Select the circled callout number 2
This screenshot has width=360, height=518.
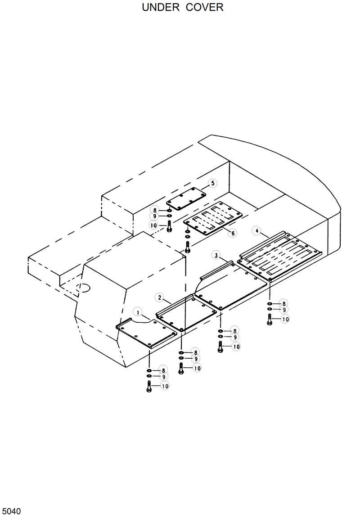point(159,297)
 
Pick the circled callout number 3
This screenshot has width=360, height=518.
point(216,256)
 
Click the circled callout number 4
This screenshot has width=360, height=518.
point(256,231)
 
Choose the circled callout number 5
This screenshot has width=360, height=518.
point(212,183)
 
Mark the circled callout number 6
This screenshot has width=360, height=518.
point(233,233)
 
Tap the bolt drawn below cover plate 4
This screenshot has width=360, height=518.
point(270,320)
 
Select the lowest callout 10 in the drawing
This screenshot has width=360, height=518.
point(165,386)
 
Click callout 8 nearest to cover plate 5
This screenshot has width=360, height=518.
point(155,210)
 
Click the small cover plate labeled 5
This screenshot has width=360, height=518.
point(186,199)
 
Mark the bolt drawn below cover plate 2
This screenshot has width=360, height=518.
point(181,369)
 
